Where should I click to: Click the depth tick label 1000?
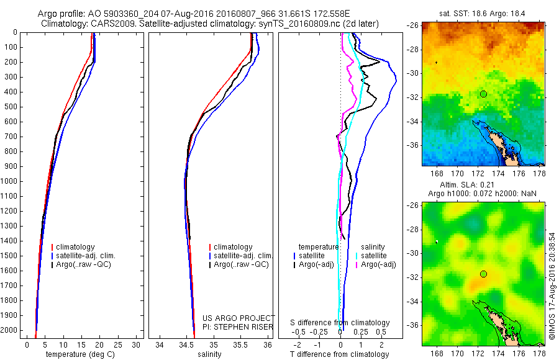coord(11,181)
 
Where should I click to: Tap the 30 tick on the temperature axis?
coord(137,344)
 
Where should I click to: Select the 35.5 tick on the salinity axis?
coord(240,344)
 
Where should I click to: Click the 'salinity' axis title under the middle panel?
coord(211,354)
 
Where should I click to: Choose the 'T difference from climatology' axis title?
coord(339,354)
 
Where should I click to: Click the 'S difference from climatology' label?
coord(340,323)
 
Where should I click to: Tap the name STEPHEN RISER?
coord(245,325)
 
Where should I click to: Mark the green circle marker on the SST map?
coord(483,94)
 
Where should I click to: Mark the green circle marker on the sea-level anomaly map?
coord(483,274)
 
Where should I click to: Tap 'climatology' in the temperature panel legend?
coord(75,247)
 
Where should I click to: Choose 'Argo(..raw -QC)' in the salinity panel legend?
coord(241,264)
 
